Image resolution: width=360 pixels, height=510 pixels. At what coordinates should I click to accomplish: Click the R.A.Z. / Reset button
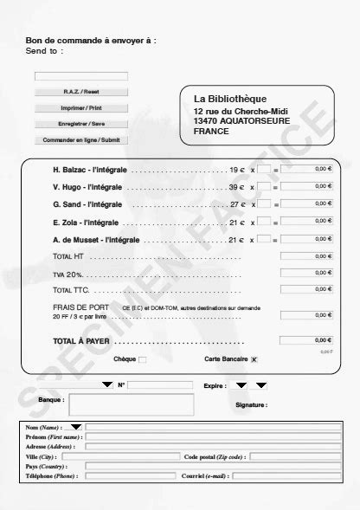tap(81, 92)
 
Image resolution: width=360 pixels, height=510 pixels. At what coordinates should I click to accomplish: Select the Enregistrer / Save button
tap(81, 124)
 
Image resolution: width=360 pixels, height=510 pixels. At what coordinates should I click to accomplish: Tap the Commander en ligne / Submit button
tap(81, 139)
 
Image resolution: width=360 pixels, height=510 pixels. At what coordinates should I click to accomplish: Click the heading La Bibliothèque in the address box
tap(230, 99)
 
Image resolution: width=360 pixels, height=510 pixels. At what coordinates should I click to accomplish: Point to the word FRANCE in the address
tap(211, 131)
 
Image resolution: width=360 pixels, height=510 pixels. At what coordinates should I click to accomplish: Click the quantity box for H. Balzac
tap(264, 170)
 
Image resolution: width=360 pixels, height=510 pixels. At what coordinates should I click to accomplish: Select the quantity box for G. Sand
tap(264, 204)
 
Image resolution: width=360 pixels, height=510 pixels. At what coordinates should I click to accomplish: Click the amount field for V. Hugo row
tap(306, 187)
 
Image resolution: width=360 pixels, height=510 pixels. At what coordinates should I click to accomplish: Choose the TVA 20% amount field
tap(306, 274)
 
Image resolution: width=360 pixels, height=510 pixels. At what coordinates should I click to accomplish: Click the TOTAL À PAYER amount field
tap(306, 340)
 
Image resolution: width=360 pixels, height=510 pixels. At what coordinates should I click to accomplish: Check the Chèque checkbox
tap(143, 358)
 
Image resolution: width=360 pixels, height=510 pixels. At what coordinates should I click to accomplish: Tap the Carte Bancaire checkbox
tap(254, 358)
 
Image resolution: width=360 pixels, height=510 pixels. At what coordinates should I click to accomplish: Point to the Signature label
tap(251, 404)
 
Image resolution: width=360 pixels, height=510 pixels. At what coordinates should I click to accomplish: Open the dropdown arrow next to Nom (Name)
tap(76, 427)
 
